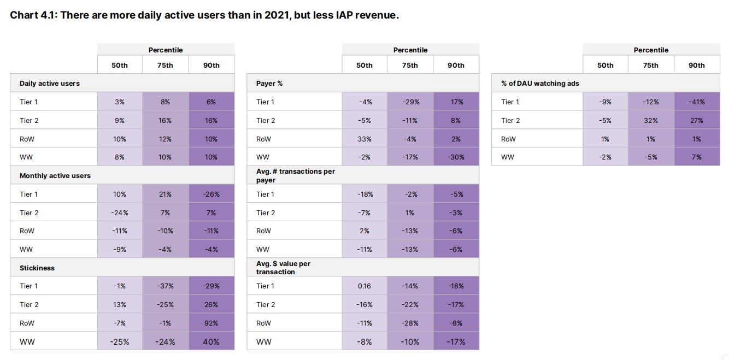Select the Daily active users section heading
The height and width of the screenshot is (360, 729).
click(50, 84)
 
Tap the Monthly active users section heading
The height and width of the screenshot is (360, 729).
click(55, 176)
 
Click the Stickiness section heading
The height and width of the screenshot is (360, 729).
click(37, 268)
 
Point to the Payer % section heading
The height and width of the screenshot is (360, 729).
click(269, 84)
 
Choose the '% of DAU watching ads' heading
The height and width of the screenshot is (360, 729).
click(540, 84)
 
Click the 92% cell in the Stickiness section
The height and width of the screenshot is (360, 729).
click(211, 323)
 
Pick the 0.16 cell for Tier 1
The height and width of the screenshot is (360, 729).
click(365, 286)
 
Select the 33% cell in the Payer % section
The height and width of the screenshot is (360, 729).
click(365, 139)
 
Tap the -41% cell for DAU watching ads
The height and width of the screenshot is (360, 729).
click(697, 102)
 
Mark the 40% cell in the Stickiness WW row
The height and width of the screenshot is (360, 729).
click(211, 342)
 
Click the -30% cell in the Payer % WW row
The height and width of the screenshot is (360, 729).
click(456, 157)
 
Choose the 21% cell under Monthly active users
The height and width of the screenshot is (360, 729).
click(165, 194)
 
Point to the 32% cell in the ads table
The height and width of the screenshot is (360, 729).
click(651, 120)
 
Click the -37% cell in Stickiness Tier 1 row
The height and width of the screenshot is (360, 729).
click(165, 286)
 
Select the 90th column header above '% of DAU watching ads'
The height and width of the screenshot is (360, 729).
click(697, 65)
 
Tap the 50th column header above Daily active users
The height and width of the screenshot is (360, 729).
click(120, 65)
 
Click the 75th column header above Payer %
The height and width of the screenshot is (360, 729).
click(410, 65)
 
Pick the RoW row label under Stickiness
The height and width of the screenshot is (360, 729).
click(27, 323)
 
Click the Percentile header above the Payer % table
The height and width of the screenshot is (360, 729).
click(410, 50)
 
